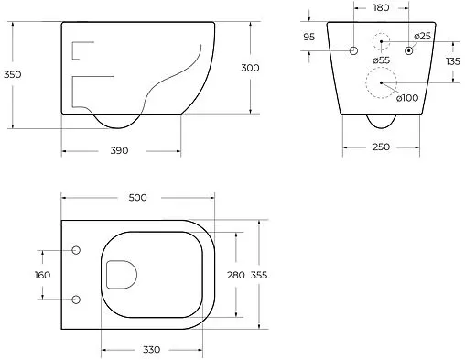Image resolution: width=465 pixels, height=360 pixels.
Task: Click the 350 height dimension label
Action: [13, 74]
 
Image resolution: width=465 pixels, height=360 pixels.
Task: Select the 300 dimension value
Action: [250, 68]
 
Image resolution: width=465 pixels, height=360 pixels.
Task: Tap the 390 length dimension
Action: [119, 150]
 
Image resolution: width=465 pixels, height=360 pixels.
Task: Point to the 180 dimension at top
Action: [381, 7]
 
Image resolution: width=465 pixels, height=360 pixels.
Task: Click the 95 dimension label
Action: [309, 37]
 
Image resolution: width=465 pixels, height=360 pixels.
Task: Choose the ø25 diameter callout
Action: [423, 37]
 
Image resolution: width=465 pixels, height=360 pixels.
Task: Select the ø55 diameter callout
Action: [382, 60]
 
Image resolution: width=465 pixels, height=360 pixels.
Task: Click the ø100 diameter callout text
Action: [407, 98]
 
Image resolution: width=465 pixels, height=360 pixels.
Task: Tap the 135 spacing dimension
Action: [453, 61]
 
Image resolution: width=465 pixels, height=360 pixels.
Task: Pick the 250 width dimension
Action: [381, 147]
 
